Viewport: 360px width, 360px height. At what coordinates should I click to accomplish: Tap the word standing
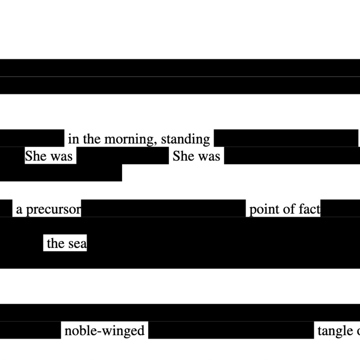185,140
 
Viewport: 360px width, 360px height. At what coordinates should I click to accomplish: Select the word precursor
53,210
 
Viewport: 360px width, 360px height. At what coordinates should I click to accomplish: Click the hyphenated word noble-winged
104,331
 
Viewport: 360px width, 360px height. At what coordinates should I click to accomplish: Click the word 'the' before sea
56,243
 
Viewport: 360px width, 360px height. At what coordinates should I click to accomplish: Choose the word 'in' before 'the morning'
73,139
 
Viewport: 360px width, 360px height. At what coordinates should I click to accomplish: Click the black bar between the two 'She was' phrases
122,156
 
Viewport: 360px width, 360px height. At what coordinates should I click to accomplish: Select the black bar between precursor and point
163,208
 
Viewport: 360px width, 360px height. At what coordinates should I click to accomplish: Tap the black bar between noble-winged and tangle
231,330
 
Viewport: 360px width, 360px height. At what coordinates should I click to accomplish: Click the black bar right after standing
286,138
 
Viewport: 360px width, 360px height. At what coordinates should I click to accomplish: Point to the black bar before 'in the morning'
32,138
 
